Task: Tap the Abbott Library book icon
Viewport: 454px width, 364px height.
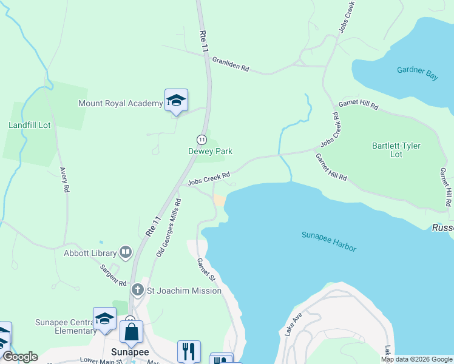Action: (126, 251)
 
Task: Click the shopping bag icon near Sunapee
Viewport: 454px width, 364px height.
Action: (132, 332)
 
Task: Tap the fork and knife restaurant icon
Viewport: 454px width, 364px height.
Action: (189, 351)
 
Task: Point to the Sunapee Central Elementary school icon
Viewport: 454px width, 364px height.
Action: (104, 319)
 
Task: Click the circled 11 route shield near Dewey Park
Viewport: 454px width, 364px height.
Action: (201, 139)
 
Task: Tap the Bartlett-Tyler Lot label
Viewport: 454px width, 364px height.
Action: (396, 150)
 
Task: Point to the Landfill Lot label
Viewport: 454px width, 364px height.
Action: (29, 125)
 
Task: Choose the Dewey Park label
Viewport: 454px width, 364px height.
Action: (210, 151)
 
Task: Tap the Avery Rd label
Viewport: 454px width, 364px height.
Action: (63, 180)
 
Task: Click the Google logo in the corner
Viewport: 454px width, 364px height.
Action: (20, 357)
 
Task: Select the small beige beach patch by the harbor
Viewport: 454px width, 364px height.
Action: (219, 200)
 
